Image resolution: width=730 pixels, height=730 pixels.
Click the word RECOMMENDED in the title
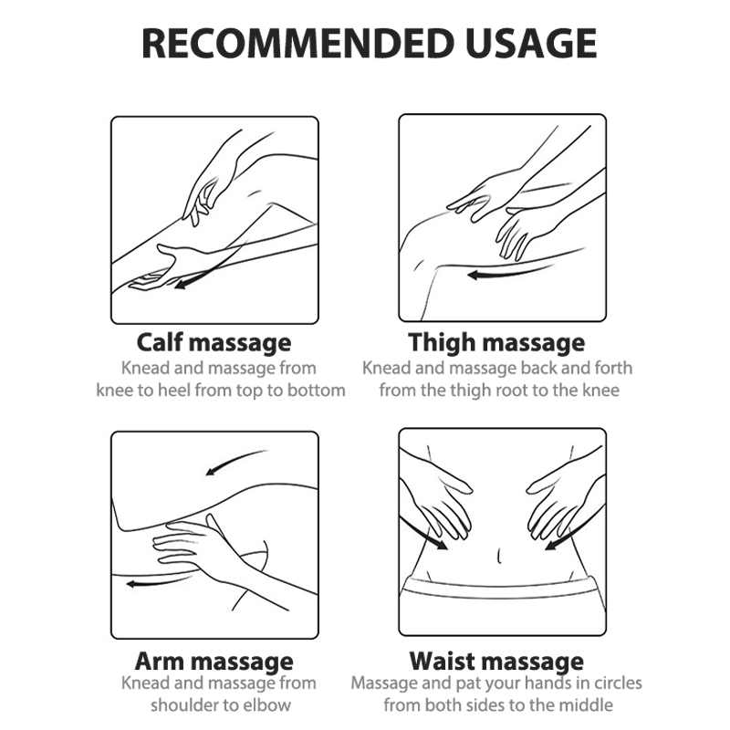pos(297,43)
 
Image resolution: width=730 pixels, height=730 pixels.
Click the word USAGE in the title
pos(531,43)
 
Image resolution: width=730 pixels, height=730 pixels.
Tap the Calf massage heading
pos(214,343)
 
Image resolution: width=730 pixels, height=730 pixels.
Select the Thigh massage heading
pos(496,343)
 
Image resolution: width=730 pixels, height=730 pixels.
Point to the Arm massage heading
pos(214,662)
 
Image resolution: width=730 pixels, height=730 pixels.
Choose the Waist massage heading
pos(496,662)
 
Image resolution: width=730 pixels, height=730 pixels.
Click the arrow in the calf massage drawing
pos(210,266)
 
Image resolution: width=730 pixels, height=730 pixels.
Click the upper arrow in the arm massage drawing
pos(236,461)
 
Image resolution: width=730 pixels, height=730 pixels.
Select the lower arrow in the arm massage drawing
pos(158,582)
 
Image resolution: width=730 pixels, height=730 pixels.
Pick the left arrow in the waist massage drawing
pos(422,533)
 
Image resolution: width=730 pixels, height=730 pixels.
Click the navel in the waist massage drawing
pos(499,556)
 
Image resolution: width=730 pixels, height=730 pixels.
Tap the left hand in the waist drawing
pos(443,503)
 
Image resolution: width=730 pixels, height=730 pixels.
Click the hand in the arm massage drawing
pos(195,545)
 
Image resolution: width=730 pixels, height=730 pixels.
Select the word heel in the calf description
pos(173,391)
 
